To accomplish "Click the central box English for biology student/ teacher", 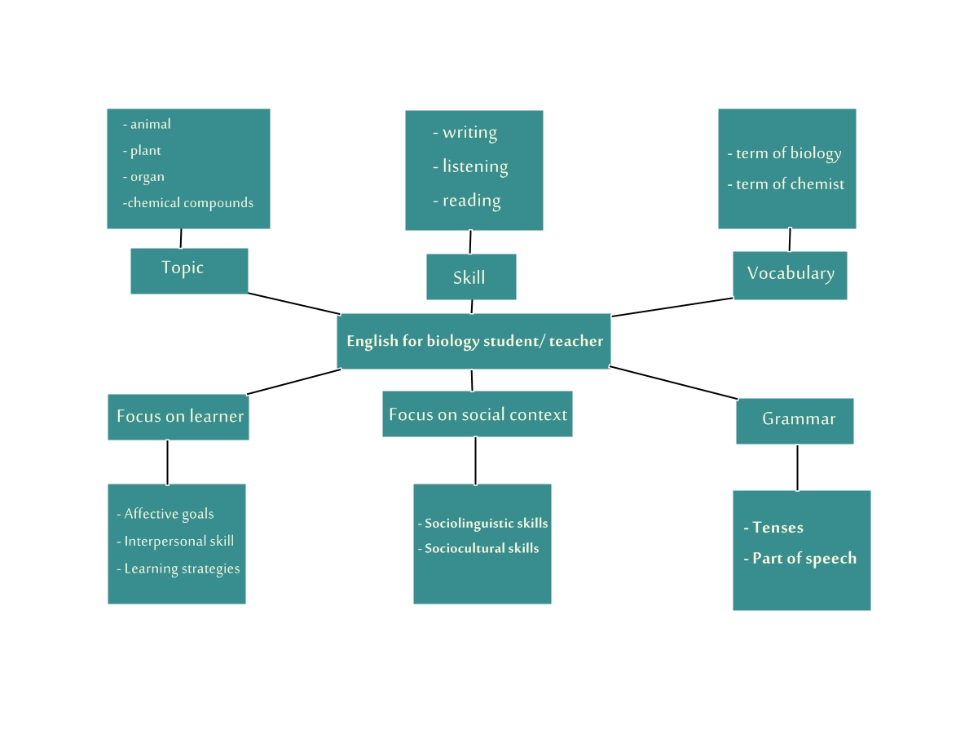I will (x=474, y=341).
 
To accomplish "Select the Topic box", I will (x=189, y=271).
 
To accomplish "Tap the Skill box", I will (x=471, y=277).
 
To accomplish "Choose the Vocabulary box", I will (x=790, y=275).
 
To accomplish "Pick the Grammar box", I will (x=795, y=421).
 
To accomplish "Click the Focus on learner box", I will (x=178, y=417).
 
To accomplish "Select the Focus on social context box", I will (x=477, y=414).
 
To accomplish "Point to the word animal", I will (x=150, y=125).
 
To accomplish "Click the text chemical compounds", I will (x=190, y=203).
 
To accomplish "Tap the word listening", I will (x=474, y=167).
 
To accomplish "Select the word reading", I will (x=471, y=201).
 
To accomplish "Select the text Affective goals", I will (x=169, y=515).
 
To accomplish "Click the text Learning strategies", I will (x=182, y=569).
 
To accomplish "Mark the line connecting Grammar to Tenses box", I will (x=797, y=467).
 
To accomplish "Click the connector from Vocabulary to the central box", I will (x=672, y=307).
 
